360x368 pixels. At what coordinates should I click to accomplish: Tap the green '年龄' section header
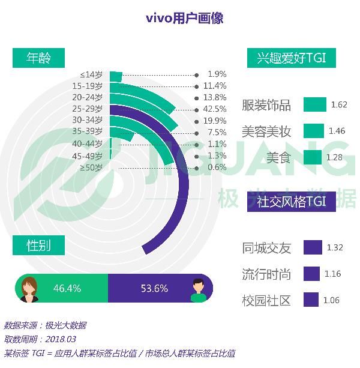tap(39, 58)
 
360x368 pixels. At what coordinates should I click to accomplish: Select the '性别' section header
tap(39, 246)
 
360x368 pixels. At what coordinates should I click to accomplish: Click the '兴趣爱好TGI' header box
tap(292, 58)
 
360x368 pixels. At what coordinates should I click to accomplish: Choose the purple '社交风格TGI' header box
tap(292, 201)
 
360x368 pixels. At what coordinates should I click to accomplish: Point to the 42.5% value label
tap(215, 109)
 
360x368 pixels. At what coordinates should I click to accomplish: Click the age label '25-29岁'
tap(88, 109)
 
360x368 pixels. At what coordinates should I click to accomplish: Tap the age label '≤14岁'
tap(92, 74)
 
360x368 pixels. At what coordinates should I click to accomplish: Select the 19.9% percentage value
tap(215, 121)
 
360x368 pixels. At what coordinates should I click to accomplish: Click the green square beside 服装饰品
tap(314, 104)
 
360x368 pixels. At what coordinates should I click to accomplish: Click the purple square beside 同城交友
tap(313, 247)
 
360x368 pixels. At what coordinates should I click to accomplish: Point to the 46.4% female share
tap(67, 288)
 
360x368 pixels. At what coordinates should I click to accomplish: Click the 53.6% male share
tap(154, 288)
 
